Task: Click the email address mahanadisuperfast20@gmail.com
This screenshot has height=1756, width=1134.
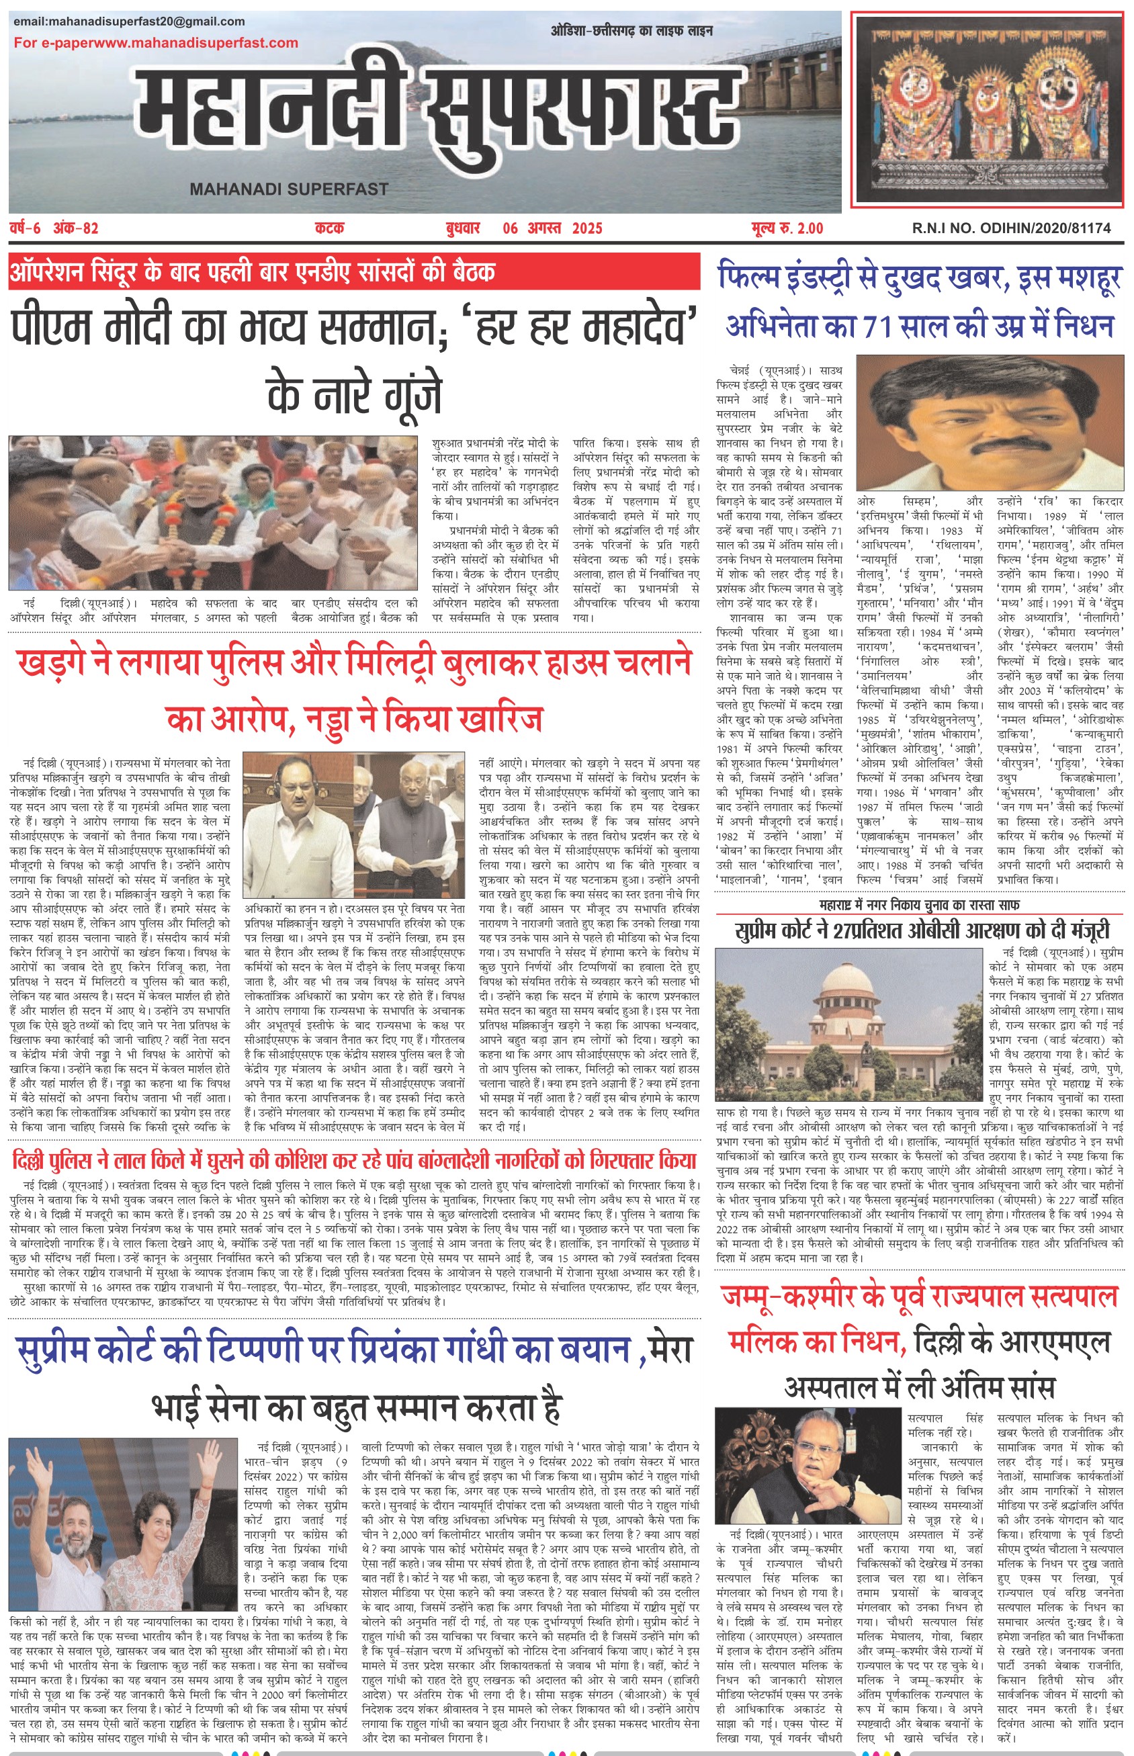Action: (x=129, y=21)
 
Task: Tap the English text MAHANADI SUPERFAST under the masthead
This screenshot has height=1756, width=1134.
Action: (x=289, y=189)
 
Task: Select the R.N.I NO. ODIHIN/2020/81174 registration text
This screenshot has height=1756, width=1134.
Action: (x=1011, y=228)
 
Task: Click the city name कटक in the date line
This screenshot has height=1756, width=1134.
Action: (x=329, y=228)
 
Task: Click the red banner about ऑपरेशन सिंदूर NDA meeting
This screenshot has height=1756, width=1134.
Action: (x=353, y=273)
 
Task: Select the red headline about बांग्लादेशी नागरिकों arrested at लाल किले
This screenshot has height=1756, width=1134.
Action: (x=353, y=1161)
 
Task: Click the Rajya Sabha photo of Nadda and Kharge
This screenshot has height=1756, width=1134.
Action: (x=353, y=825)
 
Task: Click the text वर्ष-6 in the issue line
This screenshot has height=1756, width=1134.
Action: (x=28, y=228)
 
